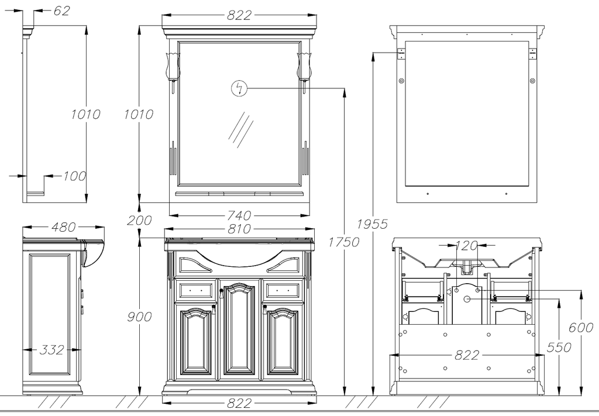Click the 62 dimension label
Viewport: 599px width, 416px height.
(61, 11)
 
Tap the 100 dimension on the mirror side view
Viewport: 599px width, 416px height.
(74, 176)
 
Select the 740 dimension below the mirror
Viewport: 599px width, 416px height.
(239, 216)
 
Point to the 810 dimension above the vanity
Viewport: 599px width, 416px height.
(239, 229)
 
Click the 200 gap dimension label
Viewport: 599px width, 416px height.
(139, 221)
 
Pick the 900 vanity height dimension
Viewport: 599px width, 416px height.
(139, 317)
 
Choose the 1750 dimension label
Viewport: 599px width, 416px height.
(344, 242)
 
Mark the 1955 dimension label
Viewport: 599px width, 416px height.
(373, 224)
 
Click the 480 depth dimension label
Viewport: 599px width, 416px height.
(63, 227)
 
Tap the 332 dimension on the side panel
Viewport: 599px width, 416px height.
(52, 349)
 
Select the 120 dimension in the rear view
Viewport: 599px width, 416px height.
(466, 246)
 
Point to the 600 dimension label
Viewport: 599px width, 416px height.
(581, 328)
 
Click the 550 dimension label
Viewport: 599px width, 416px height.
(559, 347)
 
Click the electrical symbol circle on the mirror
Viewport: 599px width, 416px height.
(239, 88)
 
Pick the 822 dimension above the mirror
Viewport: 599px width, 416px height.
(239, 15)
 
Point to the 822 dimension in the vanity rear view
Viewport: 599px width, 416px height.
(466, 355)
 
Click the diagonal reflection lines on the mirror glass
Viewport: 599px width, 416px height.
(241, 129)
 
